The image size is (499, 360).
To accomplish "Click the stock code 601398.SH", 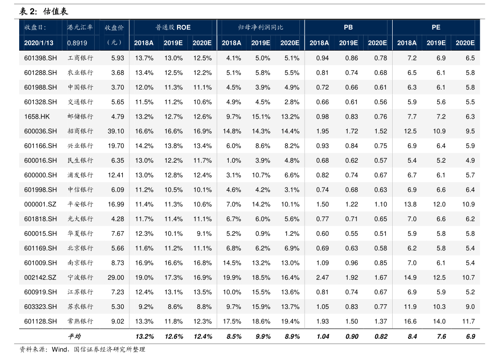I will (x=40, y=58).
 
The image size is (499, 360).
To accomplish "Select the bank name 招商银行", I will (x=80, y=131).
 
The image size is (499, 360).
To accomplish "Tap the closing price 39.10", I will (x=116, y=131).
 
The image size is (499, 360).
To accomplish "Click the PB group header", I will (x=348, y=28).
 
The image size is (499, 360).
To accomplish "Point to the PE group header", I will (x=436, y=28).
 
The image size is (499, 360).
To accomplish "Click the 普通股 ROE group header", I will (x=173, y=28).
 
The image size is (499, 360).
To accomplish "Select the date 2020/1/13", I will (x=39, y=43).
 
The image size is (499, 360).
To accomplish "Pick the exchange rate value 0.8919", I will (x=77, y=43).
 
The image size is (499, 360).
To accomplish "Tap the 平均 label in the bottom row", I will (x=74, y=337).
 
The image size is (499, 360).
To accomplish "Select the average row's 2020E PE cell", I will (x=470, y=337).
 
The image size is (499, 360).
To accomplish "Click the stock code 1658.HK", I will (x=37, y=117).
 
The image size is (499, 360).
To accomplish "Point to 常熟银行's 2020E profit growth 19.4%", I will (x=290, y=322).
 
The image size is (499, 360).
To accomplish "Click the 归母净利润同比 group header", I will (x=261, y=28).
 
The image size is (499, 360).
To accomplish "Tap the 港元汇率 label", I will (x=80, y=28).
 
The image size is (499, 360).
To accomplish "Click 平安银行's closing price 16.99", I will (x=116, y=204).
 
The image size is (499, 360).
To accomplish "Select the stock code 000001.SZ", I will (x=40, y=204).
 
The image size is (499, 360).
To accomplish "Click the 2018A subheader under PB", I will (x=319, y=43).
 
